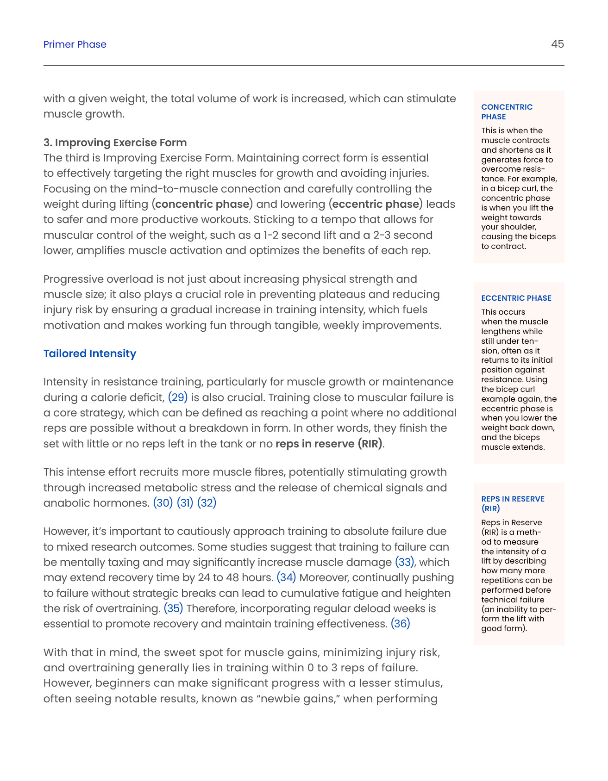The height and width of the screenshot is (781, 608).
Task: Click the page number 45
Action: pyautogui.click(x=557, y=44)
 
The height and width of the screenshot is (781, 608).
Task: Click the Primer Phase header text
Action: pyautogui.click(x=75, y=44)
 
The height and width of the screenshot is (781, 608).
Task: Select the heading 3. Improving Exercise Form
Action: pyautogui.click(x=115, y=143)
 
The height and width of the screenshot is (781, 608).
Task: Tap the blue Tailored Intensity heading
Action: pyautogui.click(x=89, y=353)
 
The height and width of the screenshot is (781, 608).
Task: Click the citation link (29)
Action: pyautogui.click(x=177, y=397)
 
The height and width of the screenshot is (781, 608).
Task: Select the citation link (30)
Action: pyautogui.click(x=163, y=503)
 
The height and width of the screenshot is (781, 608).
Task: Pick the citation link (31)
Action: pyautogui.click(x=185, y=503)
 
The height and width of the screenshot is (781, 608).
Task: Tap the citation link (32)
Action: pyautogui.click(x=207, y=503)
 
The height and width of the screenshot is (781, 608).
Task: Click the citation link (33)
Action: pyautogui.click(x=405, y=562)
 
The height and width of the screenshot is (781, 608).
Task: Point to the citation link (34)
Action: pyautogui.click(x=286, y=577)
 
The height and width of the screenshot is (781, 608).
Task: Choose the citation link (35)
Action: pyautogui.click(x=173, y=608)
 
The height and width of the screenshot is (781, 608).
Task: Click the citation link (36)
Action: pyautogui.click(x=401, y=624)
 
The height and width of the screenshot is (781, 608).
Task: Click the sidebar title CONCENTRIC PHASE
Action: pyautogui.click(x=507, y=112)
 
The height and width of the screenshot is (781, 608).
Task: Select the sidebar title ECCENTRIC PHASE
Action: pyautogui.click(x=516, y=298)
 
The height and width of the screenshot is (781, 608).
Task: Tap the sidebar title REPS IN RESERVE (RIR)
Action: pyautogui.click(x=512, y=503)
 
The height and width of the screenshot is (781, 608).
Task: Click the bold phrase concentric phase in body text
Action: pyautogui.click(x=202, y=204)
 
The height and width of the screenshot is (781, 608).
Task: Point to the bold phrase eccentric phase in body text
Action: pyautogui.click(x=376, y=204)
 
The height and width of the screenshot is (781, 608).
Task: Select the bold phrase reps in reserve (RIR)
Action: pyautogui.click(x=329, y=444)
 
